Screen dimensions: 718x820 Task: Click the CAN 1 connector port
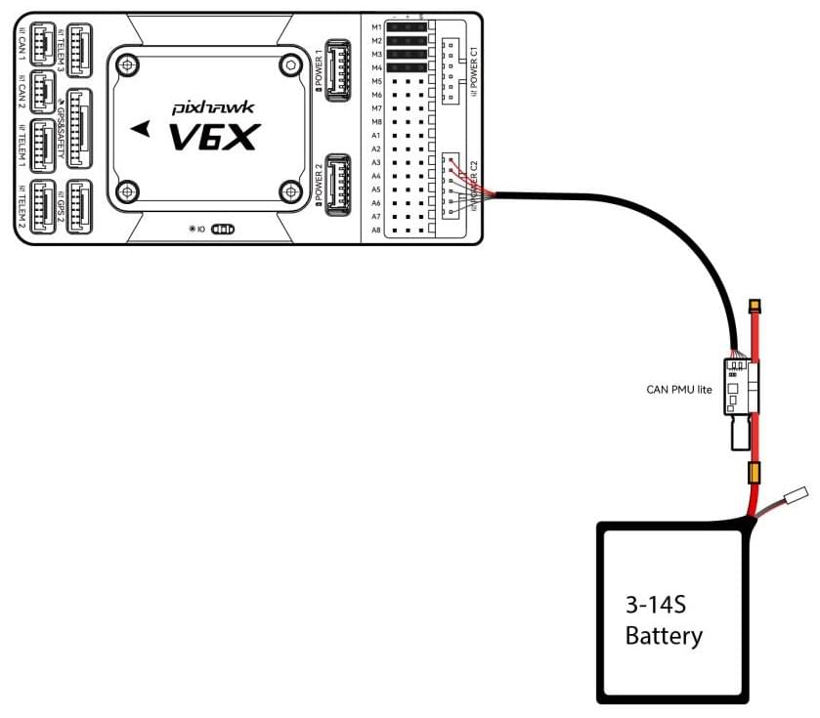point(45,45)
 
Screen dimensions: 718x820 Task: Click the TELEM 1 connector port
point(45,145)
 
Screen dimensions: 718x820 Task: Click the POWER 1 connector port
point(338,69)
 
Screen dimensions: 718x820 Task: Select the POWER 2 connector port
point(338,184)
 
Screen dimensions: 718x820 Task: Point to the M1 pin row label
point(376,28)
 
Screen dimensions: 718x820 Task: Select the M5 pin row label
point(376,81)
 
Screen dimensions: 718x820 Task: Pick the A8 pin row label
point(376,230)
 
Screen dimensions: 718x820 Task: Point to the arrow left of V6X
point(143,127)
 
